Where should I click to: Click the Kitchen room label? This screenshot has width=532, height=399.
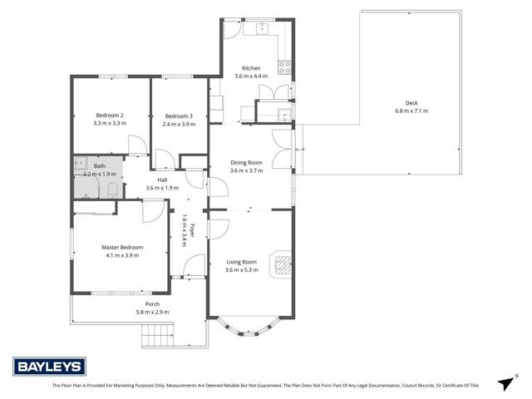251,68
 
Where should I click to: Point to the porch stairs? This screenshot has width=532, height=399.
158,337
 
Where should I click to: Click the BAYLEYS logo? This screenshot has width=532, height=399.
47,367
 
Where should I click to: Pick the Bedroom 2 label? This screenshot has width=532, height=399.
110,115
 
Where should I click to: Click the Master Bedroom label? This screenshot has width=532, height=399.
122,248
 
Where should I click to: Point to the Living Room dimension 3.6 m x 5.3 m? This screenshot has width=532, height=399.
241,269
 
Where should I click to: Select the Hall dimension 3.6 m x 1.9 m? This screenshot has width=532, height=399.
162,188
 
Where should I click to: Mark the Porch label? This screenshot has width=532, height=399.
152,304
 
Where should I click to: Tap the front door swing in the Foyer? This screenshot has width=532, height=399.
191,266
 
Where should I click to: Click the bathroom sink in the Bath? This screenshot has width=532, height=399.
81,164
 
